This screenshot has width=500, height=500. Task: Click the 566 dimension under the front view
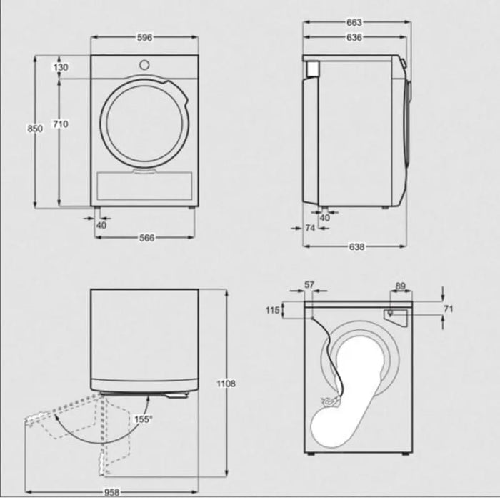pos(146,239)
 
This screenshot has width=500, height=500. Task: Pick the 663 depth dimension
pos(354,21)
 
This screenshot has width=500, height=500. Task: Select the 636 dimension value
pos(354,38)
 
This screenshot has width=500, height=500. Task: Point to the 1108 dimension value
pos(226,384)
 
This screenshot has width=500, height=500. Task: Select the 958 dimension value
pos(110,493)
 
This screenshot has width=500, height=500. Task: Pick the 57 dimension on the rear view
pos(309,285)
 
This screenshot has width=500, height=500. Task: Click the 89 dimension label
pos(400,286)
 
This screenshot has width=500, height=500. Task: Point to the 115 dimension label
pos(271,310)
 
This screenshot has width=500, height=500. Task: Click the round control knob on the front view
pos(144,64)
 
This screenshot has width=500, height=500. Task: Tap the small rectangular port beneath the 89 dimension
pos(391,313)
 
